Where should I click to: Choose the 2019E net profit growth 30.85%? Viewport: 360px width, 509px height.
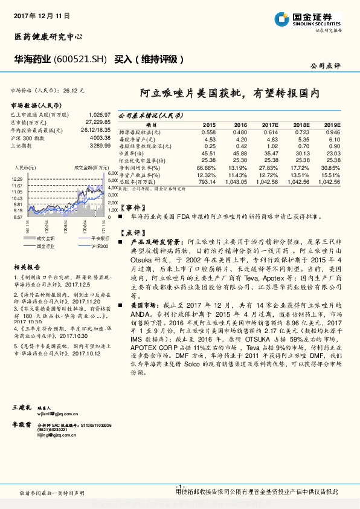tap(331, 167)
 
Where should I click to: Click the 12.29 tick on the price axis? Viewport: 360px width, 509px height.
tap(17, 180)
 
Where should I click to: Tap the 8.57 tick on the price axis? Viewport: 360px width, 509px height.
tap(18, 216)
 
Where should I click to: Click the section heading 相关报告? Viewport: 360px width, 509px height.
tap(27, 266)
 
